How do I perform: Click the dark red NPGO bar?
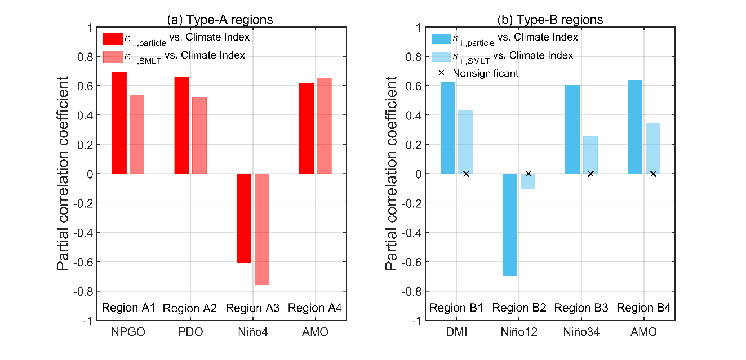119,123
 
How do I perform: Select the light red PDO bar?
199,135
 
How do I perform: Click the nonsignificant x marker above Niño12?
529,174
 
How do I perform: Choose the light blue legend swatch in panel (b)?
441,56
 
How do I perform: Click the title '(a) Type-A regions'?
220,20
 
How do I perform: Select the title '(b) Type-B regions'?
550,20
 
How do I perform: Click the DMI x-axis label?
456,332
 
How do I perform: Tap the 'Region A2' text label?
190,309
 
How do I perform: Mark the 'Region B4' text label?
643,308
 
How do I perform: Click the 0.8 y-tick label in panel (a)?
83,57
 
